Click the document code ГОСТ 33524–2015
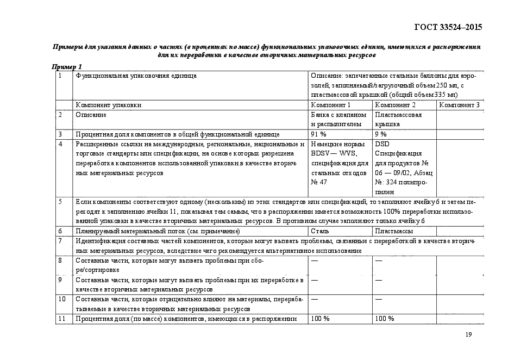(448, 27)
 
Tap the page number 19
(468, 334)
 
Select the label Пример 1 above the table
(67, 66)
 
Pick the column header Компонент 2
(395, 105)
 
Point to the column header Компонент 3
(459, 105)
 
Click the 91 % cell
(319, 134)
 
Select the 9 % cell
(381, 134)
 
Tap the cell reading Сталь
(319, 231)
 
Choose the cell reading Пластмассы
(393, 231)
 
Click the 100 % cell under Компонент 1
(321, 319)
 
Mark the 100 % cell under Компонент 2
(385, 319)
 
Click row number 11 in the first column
(62, 319)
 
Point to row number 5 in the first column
(61, 202)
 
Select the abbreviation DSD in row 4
(382, 144)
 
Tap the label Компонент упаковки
(109, 105)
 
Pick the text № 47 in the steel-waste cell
(319, 182)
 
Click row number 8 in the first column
(61, 260)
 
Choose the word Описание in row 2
(91, 115)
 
